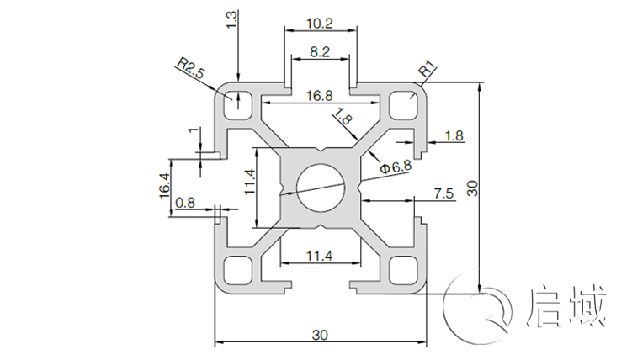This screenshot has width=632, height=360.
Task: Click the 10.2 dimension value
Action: tap(320, 23)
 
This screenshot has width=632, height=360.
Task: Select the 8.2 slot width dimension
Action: tap(320, 51)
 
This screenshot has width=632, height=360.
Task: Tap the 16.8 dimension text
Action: tap(320, 96)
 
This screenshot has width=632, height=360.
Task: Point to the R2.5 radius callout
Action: tap(190, 68)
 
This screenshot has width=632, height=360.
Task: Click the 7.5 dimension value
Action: tap(443, 193)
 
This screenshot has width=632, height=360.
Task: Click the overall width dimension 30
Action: tap(320, 334)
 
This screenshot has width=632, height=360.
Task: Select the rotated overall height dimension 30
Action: tap(473, 188)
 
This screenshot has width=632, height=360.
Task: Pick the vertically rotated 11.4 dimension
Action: tap(249, 184)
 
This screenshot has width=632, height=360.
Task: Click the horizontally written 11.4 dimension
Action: tap(320, 255)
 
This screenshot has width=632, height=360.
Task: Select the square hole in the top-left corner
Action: tap(239, 103)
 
